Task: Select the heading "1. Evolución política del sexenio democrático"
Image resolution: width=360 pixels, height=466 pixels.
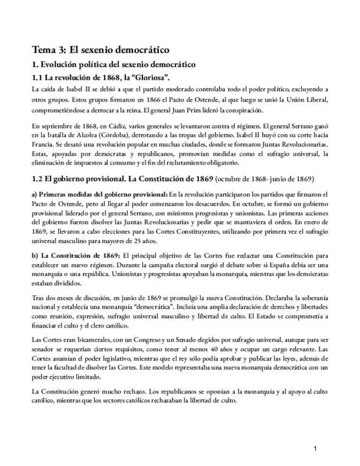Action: [x=114, y=65]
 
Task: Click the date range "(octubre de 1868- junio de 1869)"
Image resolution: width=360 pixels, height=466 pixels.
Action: [x=266, y=180]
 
